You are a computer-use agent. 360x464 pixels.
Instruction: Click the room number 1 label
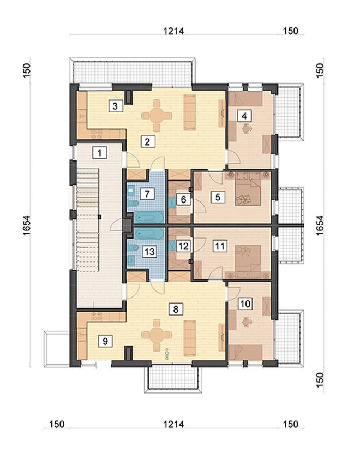[x=100, y=153]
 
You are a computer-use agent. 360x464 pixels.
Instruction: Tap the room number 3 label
[x=116, y=106]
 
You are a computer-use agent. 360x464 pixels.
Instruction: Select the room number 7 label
[x=147, y=194]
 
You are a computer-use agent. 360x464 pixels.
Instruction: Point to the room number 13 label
[x=149, y=252]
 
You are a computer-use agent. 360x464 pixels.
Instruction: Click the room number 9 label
[x=105, y=341]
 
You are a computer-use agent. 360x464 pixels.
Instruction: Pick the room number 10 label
[x=245, y=304]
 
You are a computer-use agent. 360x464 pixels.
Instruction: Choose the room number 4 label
[x=244, y=116]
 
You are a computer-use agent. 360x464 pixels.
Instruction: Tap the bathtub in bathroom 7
[x=149, y=217]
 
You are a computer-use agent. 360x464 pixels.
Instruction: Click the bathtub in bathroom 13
[x=149, y=234]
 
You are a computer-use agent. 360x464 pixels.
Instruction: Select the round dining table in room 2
[x=157, y=115]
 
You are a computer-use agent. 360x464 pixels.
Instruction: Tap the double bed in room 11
[x=248, y=258]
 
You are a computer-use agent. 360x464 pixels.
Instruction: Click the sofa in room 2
[x=189, y=112]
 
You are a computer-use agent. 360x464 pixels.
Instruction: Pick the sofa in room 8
[x=189, y=338]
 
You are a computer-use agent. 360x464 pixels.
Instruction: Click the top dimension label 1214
[x=174, y=31]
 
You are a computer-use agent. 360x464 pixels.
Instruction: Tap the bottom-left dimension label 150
[x=56, y=424]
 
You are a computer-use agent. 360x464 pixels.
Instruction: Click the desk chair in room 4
[x=246, y=129]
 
